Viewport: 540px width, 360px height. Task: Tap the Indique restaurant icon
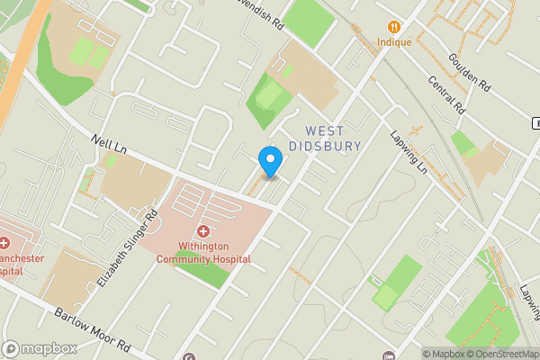[393, 28]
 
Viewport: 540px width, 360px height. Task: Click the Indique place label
[393, 42]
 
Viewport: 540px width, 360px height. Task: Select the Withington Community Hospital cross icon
[204, 232]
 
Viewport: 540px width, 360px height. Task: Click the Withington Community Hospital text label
[203, 253]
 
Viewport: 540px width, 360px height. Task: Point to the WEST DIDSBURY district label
[325, 138]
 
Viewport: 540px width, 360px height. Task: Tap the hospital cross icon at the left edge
[4, 243]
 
